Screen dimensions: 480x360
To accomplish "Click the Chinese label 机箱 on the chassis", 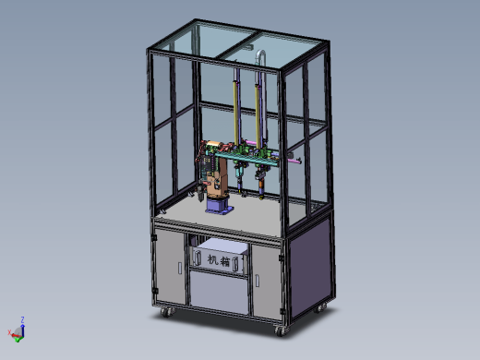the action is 219,260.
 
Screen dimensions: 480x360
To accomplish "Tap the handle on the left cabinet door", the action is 180,268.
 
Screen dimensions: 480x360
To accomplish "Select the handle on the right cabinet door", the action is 257,281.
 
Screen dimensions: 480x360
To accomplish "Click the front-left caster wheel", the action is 165,312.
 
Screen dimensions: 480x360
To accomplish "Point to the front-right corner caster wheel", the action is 281,330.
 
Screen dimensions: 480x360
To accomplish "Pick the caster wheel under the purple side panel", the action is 320,307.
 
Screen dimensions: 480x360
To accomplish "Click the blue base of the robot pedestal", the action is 219,206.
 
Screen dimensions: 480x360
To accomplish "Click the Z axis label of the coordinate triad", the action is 22,319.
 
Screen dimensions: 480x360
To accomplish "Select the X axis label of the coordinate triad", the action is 9,332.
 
